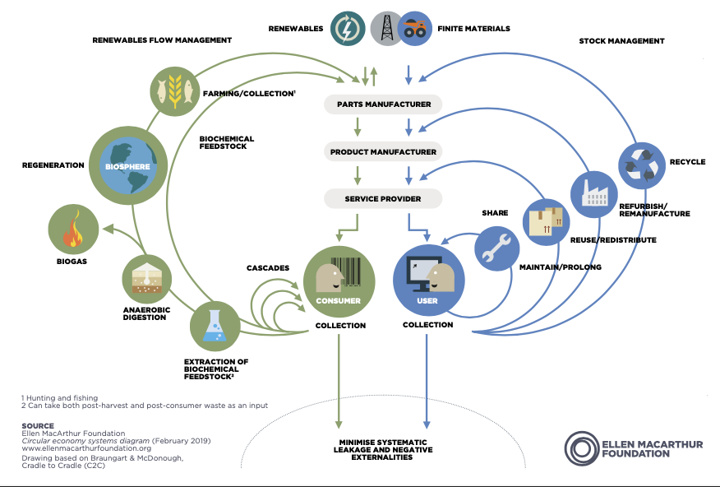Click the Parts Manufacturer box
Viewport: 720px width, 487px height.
pyautogui.click(x=383, y=104)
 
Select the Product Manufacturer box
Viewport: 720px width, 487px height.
pyautogui.click(x=383, y=151)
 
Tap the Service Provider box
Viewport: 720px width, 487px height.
pyautogui.click(x=383, y=199)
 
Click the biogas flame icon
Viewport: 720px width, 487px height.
pyautogui.click(x=73, y=230)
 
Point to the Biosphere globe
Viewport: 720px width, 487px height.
pyautogui.click(x=128, y=166)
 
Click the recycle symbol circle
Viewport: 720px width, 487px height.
pyautogui.click(x=642, y=166)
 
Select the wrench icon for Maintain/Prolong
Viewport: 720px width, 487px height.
pyautogui.click(x=496, y=248)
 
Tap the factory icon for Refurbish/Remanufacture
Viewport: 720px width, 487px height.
pyautogui.click(x=594, y=194)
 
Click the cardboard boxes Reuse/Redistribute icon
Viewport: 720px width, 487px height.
pyautogui.click(x=546, y=222)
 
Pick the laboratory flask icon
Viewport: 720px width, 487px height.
pyautogui.click(x=215, y=327)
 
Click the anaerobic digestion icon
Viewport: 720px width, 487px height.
pyautogui.click(x=147, y=280)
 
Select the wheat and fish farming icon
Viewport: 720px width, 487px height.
pyautogui.click(x=175, y=91)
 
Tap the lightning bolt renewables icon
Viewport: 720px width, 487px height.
pyautogui.click(x=348, y=29)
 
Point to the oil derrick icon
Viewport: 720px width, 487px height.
pyautogui.click(x=386, y=29)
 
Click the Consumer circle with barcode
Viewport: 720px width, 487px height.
pyautogui.click(x=339, y=281)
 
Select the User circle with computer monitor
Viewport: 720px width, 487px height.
pyautogui.click(x=429, y=281)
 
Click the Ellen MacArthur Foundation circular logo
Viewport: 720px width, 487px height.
pyautogui.click(x=582, y=448)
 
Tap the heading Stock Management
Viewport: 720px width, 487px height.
pyautogui.click(x=621, y=41)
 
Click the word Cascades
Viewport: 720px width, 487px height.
pyautogui.click(x=268, y=268)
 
